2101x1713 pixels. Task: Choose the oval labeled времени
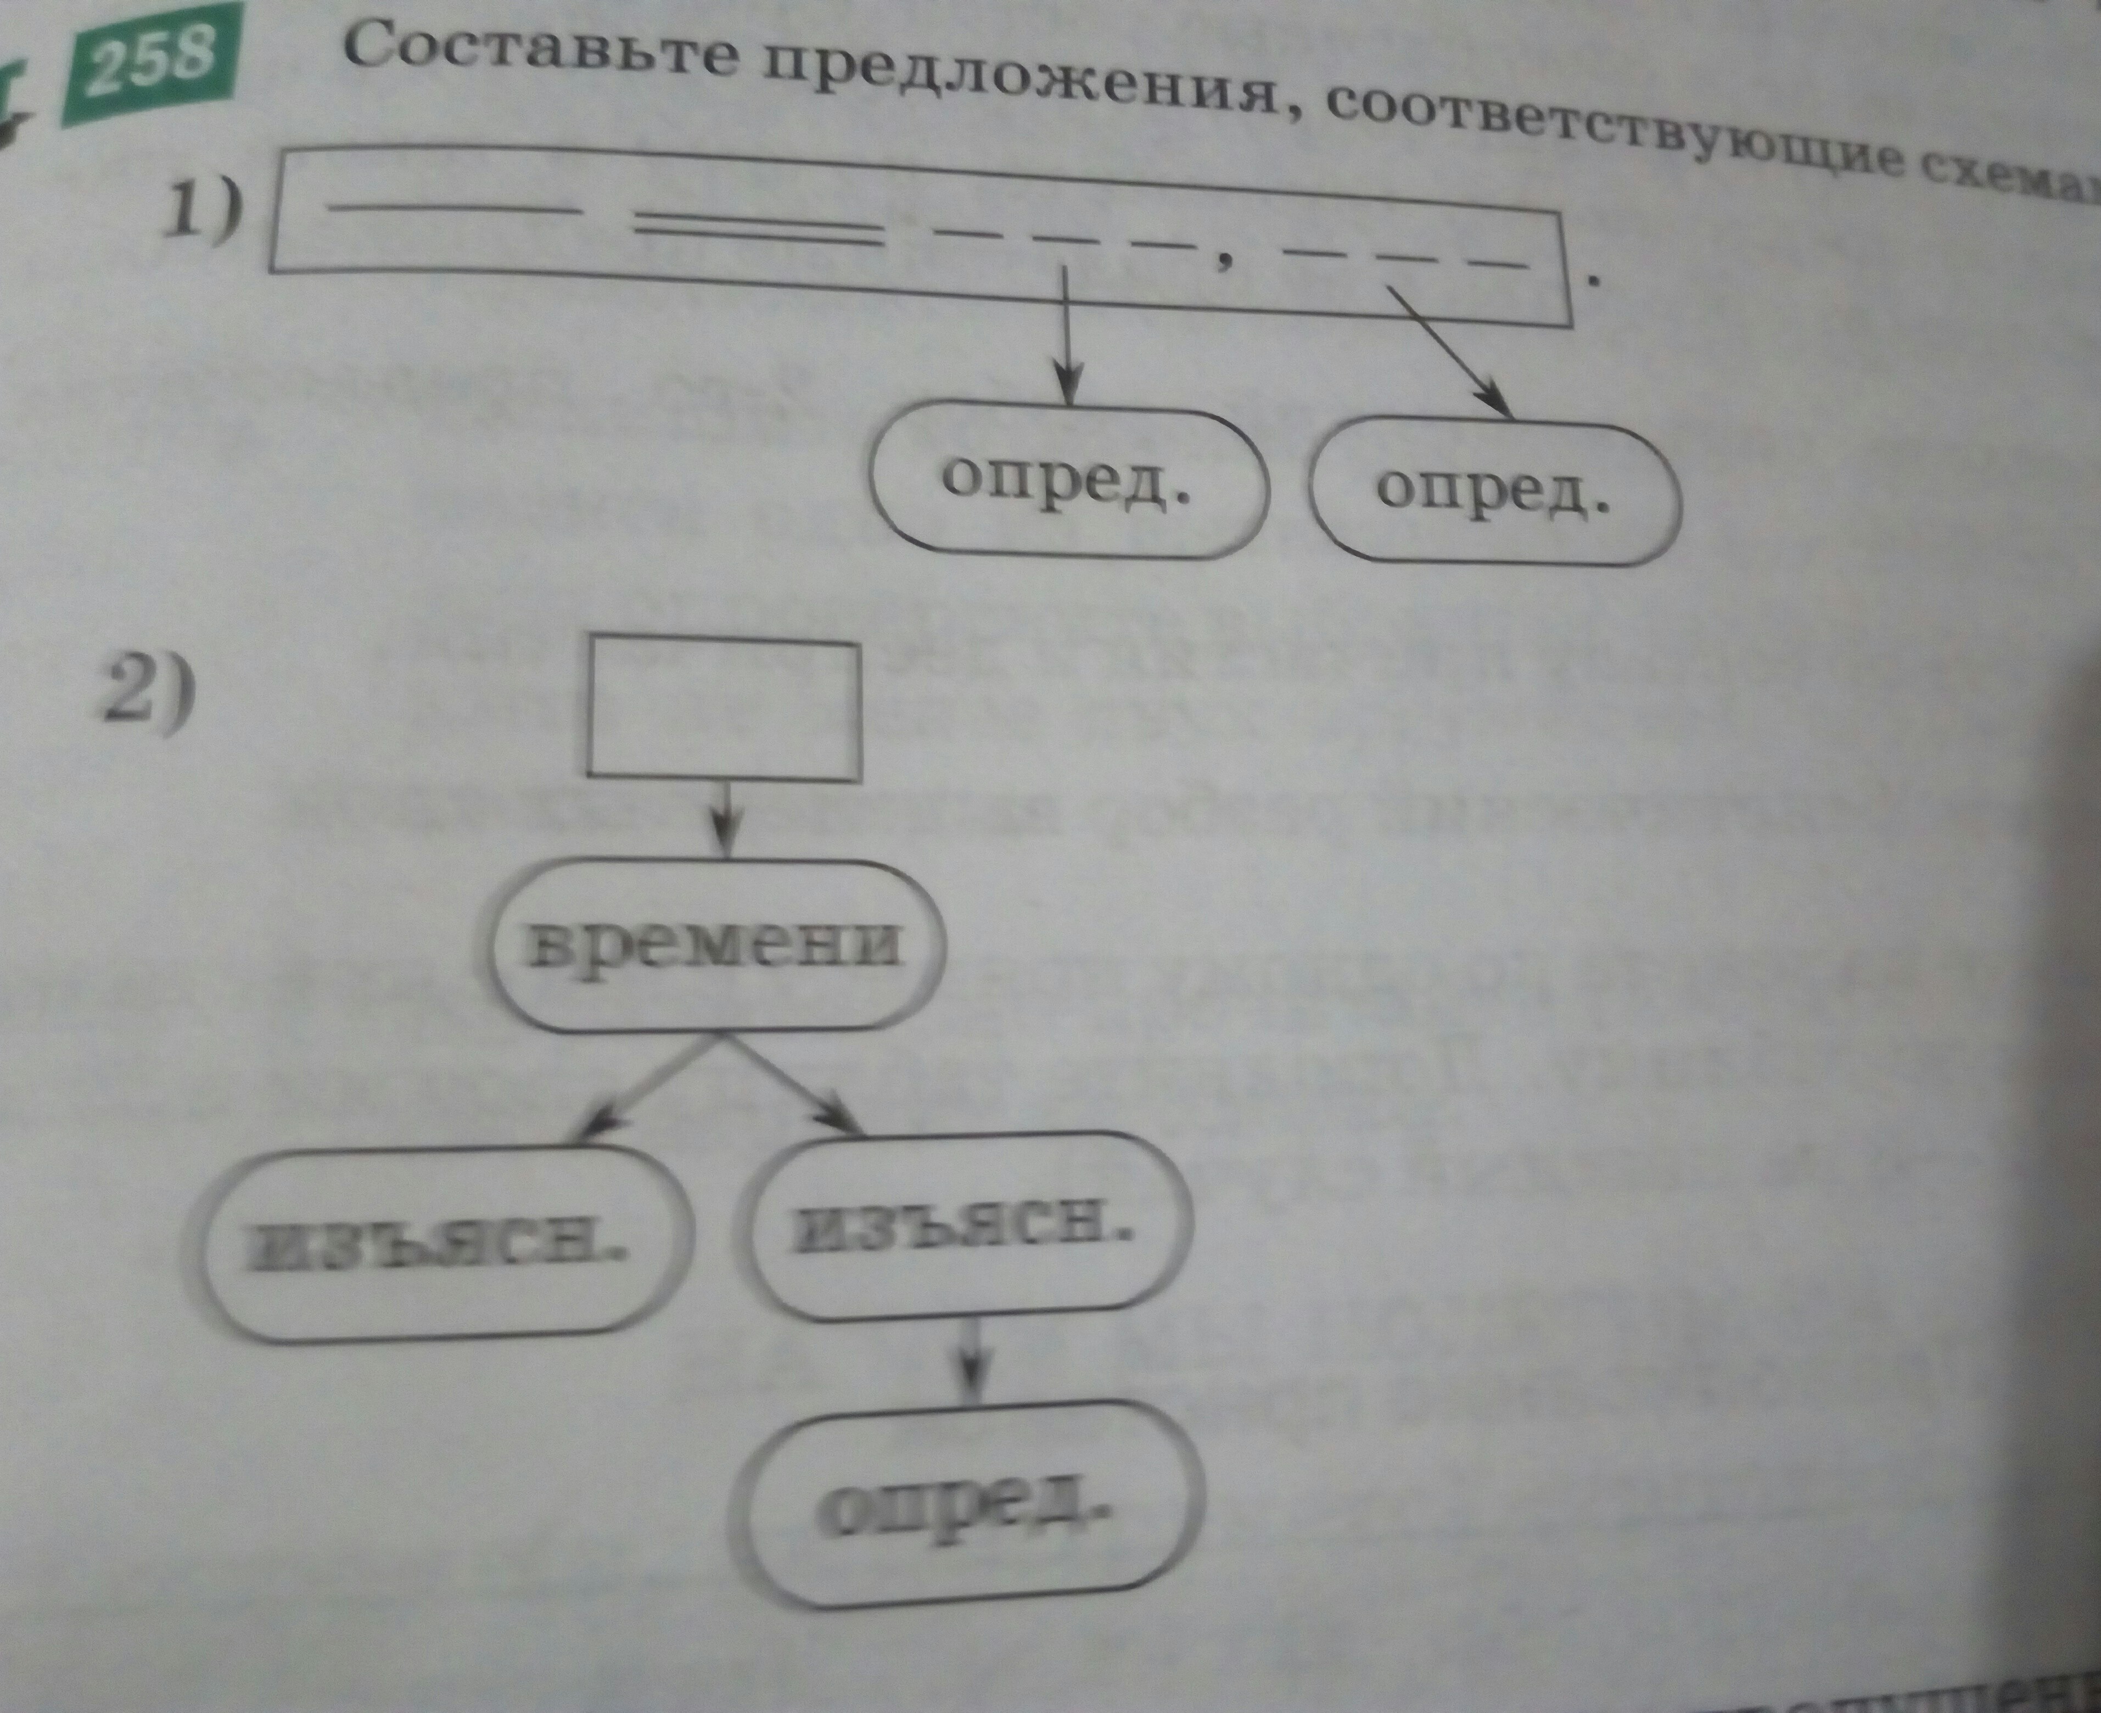click(718, 945)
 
